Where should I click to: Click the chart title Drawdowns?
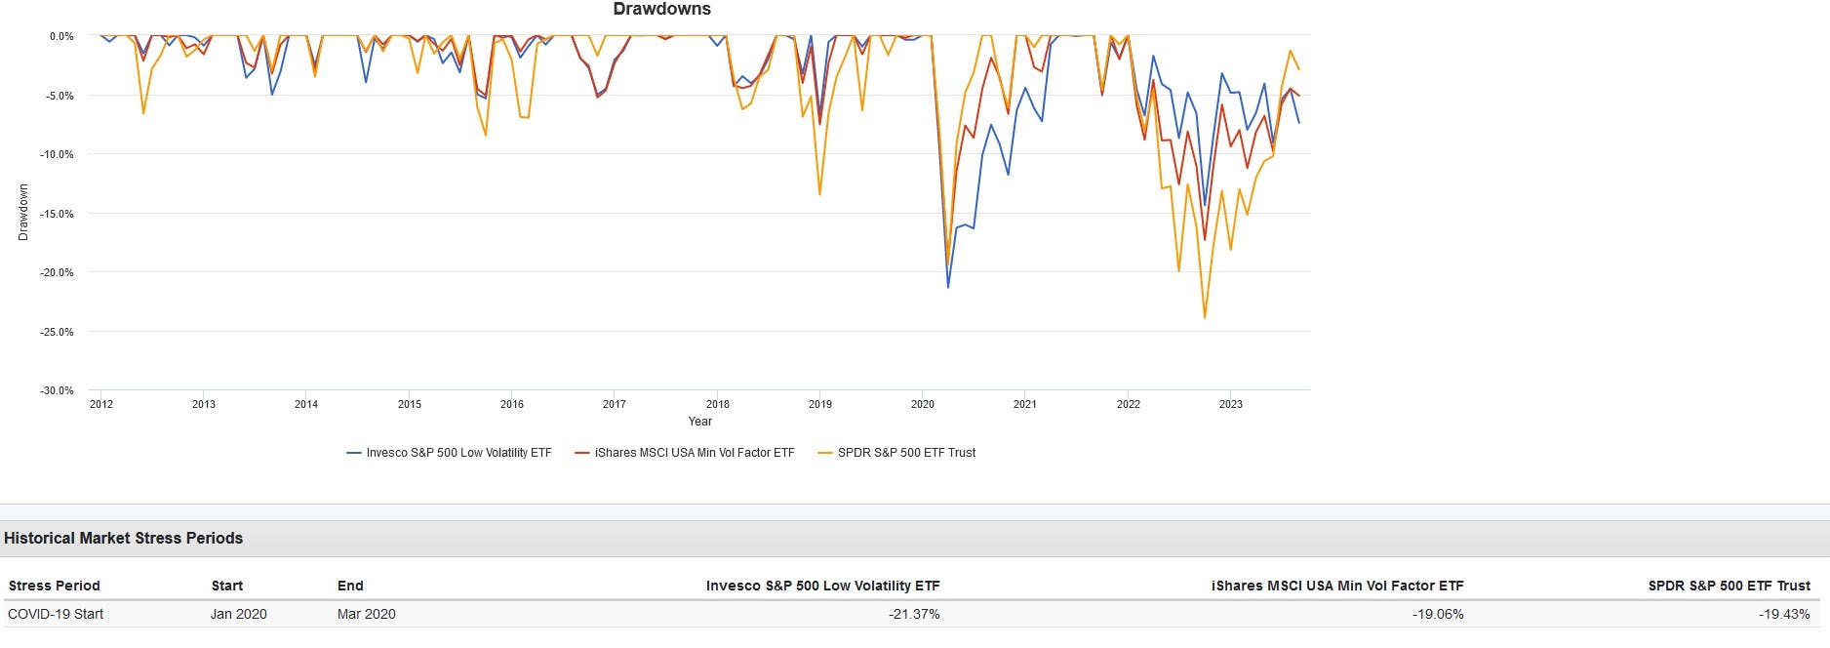point(661,10)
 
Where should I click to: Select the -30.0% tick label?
point(57,390)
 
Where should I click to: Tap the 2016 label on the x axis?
point(511,404)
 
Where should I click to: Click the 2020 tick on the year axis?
point(922,404)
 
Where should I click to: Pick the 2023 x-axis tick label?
point(1230,404)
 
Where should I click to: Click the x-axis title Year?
point(699,422)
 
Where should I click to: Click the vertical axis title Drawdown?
point(23,213)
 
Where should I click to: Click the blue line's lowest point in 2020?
point(948,287)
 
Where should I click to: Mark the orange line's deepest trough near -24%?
point(1205,317)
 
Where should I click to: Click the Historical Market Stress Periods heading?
point(124,539)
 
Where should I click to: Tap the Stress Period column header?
point(55,586)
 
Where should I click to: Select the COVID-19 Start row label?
point(56,614)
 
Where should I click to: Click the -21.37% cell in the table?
point(913,614)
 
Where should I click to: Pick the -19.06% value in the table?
point(1437,614)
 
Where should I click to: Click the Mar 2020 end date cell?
point(366,614)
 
